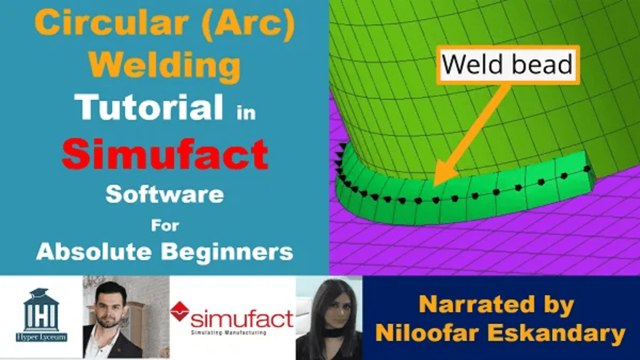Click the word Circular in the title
tap(111, 23)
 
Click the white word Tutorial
tap(149, 106)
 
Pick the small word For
tap(165, 225)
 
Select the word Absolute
tap(94, 251)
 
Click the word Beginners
tap(227, 252)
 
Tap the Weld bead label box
tap(508, 65)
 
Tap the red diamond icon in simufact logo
tap(179, 311)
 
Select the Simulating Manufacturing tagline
tap(228, 332)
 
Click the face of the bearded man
tap(110, 307)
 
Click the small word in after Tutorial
tap(246, 112)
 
